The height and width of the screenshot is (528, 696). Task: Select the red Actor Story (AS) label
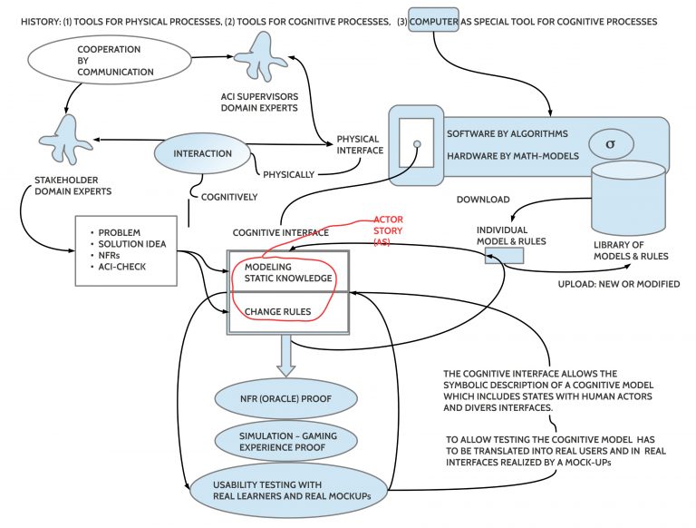(389, 230)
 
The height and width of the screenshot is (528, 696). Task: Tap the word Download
(482, 200)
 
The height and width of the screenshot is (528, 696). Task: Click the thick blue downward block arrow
(285, 357)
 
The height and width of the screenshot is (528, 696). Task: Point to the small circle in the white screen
(418, 143)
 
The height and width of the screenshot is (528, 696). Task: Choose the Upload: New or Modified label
(619, 284)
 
